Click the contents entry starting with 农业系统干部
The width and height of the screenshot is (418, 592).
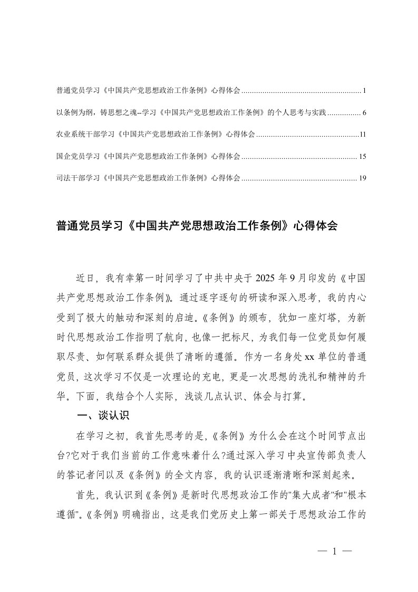click(155, 135)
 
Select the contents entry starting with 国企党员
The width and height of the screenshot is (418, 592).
click(148, 157)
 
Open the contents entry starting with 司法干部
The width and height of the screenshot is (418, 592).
click(148, 178)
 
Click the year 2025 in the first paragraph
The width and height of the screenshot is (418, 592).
click(267, 277)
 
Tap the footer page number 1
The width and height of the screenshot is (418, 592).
click(335, 552)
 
